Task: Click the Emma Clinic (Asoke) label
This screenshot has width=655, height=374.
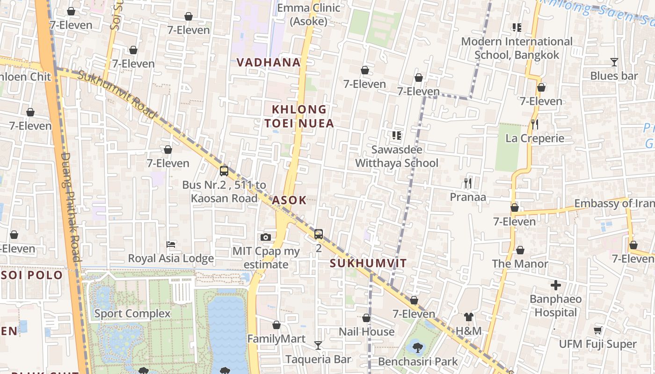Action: point(308,14)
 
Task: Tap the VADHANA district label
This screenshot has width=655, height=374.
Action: point(268,62)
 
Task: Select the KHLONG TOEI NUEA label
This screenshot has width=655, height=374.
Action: point(299,116)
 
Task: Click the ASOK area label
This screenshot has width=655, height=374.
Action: point(289,201)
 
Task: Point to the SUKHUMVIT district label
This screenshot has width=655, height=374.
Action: point(368,263)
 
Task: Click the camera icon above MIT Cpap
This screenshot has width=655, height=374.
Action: point(266,237)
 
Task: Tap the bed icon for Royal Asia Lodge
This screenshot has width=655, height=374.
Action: point(171,245)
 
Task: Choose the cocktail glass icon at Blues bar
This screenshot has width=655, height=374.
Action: point(614,62)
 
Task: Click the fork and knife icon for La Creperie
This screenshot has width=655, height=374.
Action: point(535,124)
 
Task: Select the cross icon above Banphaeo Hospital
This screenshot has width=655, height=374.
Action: point(556,285)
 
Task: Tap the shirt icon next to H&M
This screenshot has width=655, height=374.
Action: point(468,317)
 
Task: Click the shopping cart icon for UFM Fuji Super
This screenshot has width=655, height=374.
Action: point(597,331)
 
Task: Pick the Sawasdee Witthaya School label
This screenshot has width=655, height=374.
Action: point(397,156)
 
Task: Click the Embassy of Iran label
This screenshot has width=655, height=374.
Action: point(614,203)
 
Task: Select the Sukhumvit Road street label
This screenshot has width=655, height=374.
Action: point(116,94)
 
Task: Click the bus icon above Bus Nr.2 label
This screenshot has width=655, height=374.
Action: point(224,171)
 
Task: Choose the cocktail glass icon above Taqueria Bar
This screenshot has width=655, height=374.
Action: point(318,345)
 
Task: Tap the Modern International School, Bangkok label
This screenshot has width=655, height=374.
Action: point(517,48)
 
